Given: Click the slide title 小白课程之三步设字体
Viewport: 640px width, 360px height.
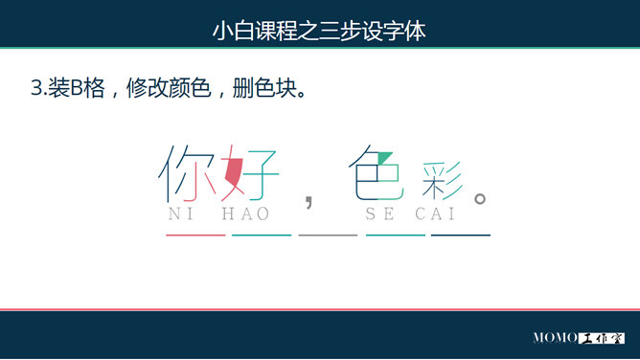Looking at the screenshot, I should (319, 31).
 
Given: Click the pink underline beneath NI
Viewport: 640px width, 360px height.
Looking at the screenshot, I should (194, 235).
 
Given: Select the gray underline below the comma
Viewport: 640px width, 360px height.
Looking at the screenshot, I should (328, 235).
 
